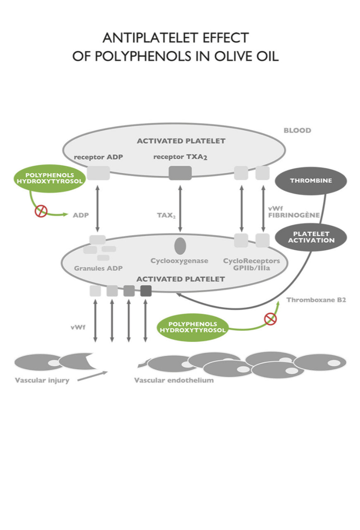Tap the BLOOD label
[x=297, y=131]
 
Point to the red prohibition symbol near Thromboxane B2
[x=270, y=318]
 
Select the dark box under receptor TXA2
[x=180, y=173]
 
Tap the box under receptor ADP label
[x=98, y=173]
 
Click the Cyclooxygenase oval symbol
[x=180, y=246]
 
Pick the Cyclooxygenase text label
[x=179, y=261]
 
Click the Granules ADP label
[x=98, y=268]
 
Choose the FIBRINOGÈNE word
[x=294, y=215]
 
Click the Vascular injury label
[x=42, y=380]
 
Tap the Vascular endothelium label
[x=174, y=380]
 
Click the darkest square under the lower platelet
[x=146, y=291]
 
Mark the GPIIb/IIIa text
[x=252, y=268]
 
